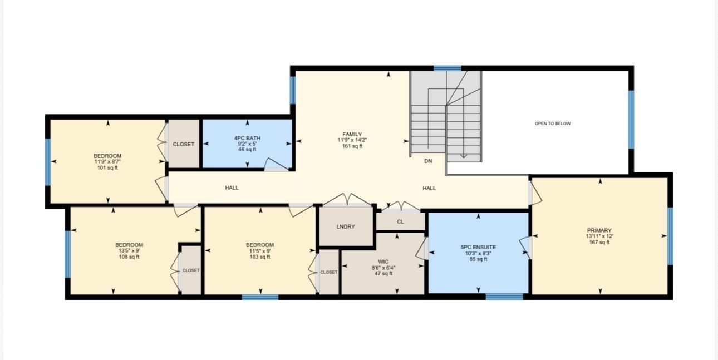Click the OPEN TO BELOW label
click(553, 124)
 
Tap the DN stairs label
click(428, 161)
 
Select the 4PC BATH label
click(247, 138)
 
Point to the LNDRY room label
click(346, 226)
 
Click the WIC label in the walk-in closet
click(383, 262)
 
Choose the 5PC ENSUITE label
click(478, 247)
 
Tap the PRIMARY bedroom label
click(599, 230)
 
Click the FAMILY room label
click(352, 134)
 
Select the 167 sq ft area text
click(599, 243)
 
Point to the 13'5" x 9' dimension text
click(129, 251)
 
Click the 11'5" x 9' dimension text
click(260, 251)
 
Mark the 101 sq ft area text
click(107, 167)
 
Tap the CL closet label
click(400, 222)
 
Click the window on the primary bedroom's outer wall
click(670, 236)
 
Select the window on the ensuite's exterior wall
click(504, 297)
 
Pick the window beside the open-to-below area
click(631, 120)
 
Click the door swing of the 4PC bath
click(276, 164)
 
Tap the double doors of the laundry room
click(347, 199)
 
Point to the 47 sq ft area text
click(383, 273)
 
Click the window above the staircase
click(447, 68)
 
